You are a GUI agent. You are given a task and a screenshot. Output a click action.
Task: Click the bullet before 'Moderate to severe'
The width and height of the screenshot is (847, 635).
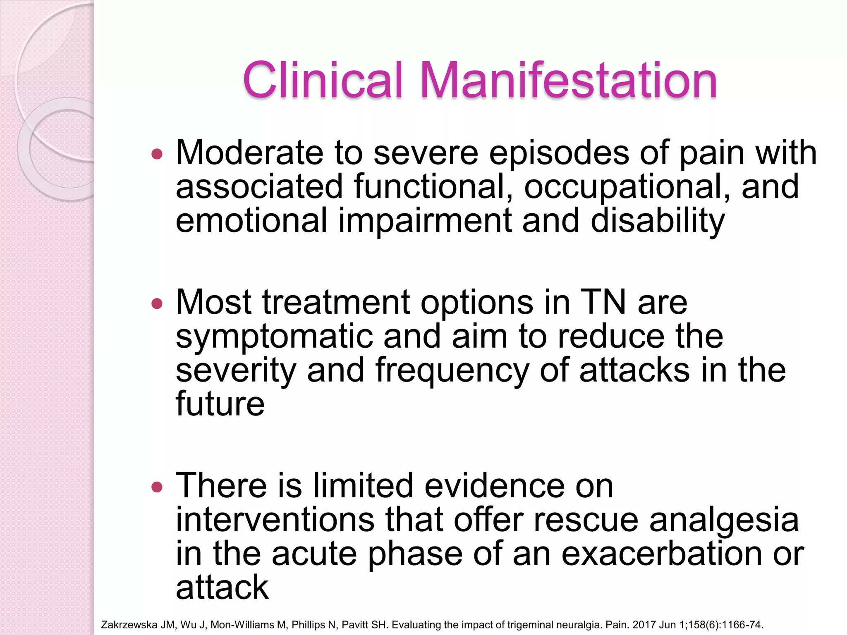pos(157,155)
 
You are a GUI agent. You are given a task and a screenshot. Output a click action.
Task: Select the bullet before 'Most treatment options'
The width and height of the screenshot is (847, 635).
pos(157,304)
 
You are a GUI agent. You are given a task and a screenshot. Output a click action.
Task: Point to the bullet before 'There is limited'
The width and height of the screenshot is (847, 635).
pos(157,487)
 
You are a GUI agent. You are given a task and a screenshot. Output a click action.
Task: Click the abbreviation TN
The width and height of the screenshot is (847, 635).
pos(603,303)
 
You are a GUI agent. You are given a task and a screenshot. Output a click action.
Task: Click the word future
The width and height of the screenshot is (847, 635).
pos(220,404)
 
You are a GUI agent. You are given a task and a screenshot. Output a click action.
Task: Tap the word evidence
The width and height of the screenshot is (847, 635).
pos(495,486)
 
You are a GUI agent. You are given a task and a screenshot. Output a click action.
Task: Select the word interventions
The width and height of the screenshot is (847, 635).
pos(275,520)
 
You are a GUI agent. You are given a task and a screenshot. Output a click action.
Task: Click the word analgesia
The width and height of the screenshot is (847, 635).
pos(724,520)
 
